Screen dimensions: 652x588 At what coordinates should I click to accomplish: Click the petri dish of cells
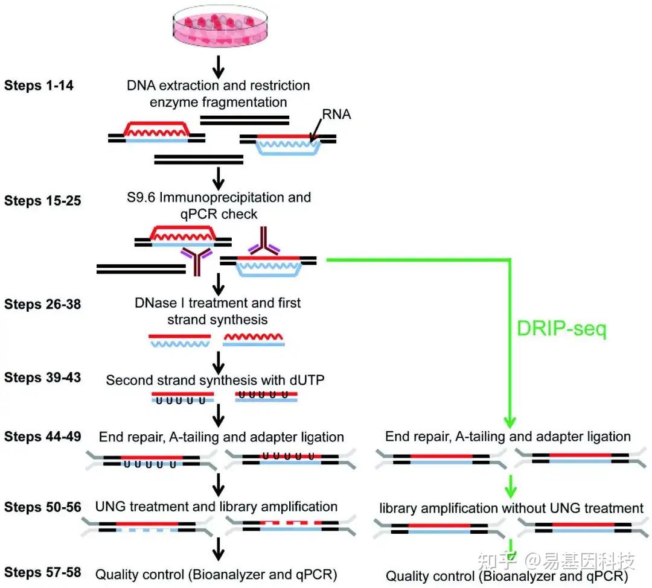click(220, 25)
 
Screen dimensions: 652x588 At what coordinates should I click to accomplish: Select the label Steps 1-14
click(39, 86)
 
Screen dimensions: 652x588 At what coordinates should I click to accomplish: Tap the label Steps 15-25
click(42, 201)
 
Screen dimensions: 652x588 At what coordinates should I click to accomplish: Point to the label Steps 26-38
click(42, 304)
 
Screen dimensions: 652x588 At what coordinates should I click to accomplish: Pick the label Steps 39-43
click(42, 377)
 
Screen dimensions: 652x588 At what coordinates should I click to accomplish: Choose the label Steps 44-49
click(42, 437)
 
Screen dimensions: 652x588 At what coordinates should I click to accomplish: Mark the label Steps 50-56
click(42, 507)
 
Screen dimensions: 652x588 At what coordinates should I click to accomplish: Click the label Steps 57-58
click(42, 572)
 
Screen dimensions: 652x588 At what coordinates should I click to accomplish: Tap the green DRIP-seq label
click(562, 329)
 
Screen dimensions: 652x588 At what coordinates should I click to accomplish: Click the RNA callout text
click(336, 114)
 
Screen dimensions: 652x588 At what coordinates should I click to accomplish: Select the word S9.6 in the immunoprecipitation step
click(141, 197)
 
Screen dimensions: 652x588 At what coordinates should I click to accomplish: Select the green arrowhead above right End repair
click(510, 423)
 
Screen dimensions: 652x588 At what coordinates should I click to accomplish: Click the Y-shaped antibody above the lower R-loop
click(264, 241)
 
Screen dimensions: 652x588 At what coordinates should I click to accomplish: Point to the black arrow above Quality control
click(219, 549)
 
